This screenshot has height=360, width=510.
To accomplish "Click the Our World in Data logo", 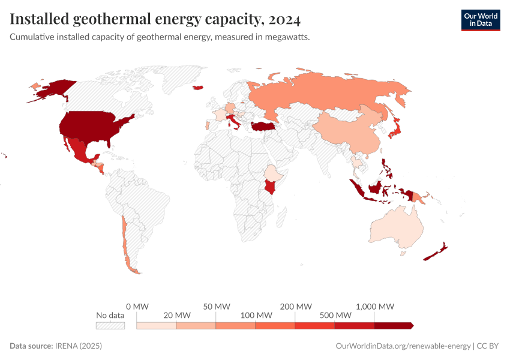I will tap(480, 20).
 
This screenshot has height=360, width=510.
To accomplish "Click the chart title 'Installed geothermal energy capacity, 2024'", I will tap(155, 20).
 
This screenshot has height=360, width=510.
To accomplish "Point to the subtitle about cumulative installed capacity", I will tap(160, 37).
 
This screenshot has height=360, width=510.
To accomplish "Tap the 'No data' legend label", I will tap(110, 315).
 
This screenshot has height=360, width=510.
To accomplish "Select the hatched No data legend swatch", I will tap(110, 325).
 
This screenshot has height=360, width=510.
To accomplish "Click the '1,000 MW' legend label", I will tap(374, 307).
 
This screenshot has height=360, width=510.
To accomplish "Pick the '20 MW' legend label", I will tap(176, 315).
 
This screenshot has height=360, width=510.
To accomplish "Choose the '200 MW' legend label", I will tap(295, 307).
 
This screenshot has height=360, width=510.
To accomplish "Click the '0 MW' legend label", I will tap(137, 307).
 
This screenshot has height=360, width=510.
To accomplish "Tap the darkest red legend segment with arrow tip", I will tap(394, 325).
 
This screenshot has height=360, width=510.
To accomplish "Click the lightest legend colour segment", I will tap(157, 325).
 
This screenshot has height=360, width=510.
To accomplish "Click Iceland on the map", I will tap(197, 88).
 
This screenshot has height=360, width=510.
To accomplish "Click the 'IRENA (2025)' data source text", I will tap(78, 346).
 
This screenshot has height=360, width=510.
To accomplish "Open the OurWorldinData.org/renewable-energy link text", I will tap(403, 346).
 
